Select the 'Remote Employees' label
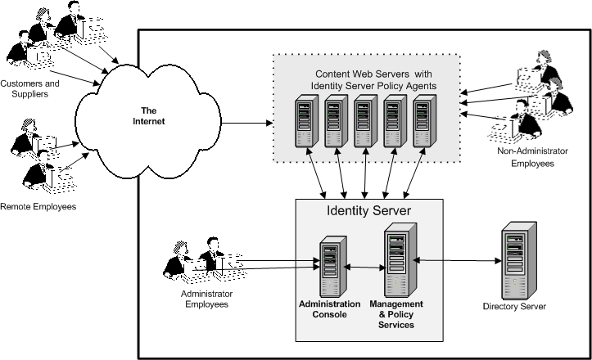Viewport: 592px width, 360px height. pyautogui.click(x=38, y=207)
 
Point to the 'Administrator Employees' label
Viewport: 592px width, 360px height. pyautogui.click(x=204, y=299)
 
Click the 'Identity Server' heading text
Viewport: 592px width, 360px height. pyautogui.click(x=368, y=211)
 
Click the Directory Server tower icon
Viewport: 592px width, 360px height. pyautogui.click(x=514, y=263)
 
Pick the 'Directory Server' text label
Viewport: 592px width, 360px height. pyautogui.click(x=514, y=307)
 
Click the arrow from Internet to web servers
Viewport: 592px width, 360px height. pyautogui.click(x=246, y=124)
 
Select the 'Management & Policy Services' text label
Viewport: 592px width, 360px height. pyautogui.click(x=397, y=314)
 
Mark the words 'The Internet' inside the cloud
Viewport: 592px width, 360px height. pyautogui.click(x=149, y=115)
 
